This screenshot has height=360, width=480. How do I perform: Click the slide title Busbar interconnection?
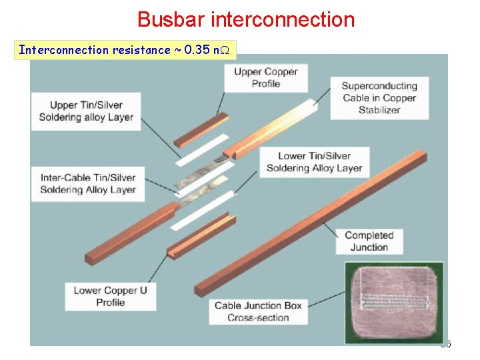(246, 19)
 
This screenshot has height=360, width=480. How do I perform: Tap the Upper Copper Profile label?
(265, 77)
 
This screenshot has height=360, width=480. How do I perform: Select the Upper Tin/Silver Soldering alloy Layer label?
(86, 111)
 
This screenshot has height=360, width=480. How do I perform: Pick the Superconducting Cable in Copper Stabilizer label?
(379, 97)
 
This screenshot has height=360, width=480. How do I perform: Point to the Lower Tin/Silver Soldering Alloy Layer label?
(314, 162)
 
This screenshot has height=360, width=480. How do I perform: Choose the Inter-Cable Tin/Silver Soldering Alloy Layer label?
(87, 183)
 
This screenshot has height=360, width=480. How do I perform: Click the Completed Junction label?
(369, 241)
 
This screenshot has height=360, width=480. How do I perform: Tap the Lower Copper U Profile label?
(110, 296)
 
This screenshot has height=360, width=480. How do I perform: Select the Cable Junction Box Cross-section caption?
(258, 311)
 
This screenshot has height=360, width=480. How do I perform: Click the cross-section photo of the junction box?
(393, 303)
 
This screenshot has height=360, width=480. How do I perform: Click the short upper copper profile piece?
(200, 130)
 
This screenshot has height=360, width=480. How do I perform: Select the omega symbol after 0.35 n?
(225, 50)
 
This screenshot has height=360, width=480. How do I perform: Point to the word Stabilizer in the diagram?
(379, 109)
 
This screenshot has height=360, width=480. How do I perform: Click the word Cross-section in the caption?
(258, 317)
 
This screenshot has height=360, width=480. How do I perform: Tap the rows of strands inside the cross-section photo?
(393, 301)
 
